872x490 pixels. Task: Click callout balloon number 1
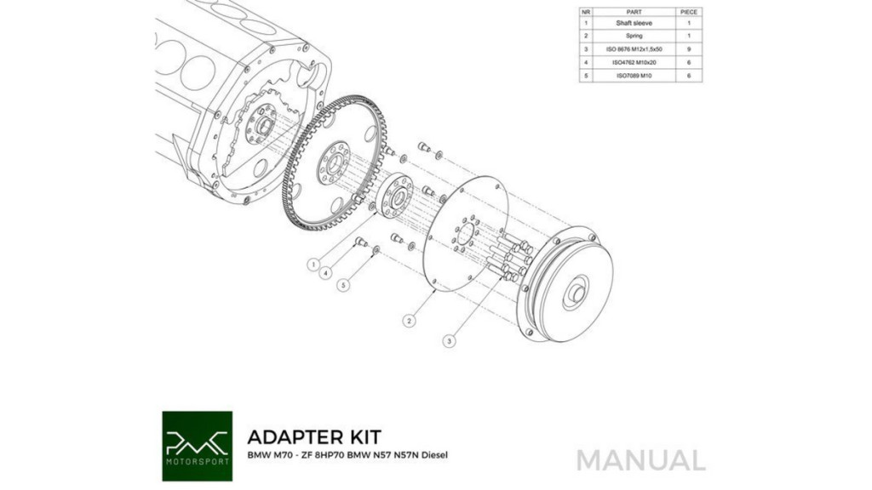[x=314, y=265]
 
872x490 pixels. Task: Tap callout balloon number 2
[x=410, y=321]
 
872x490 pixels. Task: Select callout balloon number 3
[x=450, y=340]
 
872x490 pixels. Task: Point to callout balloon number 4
[x=326, y=272]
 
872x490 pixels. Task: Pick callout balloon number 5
[x=344, y=284]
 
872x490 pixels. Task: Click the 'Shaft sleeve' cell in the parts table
[x=634, y=23]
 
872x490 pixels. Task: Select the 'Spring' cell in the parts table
[x=634, y=36]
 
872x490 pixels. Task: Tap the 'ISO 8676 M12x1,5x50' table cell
[x=634, y=49]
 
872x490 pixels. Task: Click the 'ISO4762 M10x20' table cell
[x=634, y=63]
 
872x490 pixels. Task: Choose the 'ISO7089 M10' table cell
[x=634, y=76]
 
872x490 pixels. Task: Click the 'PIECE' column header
[x=689, y=12]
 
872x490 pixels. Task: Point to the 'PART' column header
[x=634, y=12]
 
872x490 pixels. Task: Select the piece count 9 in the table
[x=689, y=49]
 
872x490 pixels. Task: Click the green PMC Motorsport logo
[x=198, y=446]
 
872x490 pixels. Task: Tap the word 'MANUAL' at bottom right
[x=640, y=460]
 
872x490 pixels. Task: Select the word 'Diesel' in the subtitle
[x=434, y=455]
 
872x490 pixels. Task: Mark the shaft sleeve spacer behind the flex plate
[x=395, y=197]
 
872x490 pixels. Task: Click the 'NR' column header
[x=586, y=12]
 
